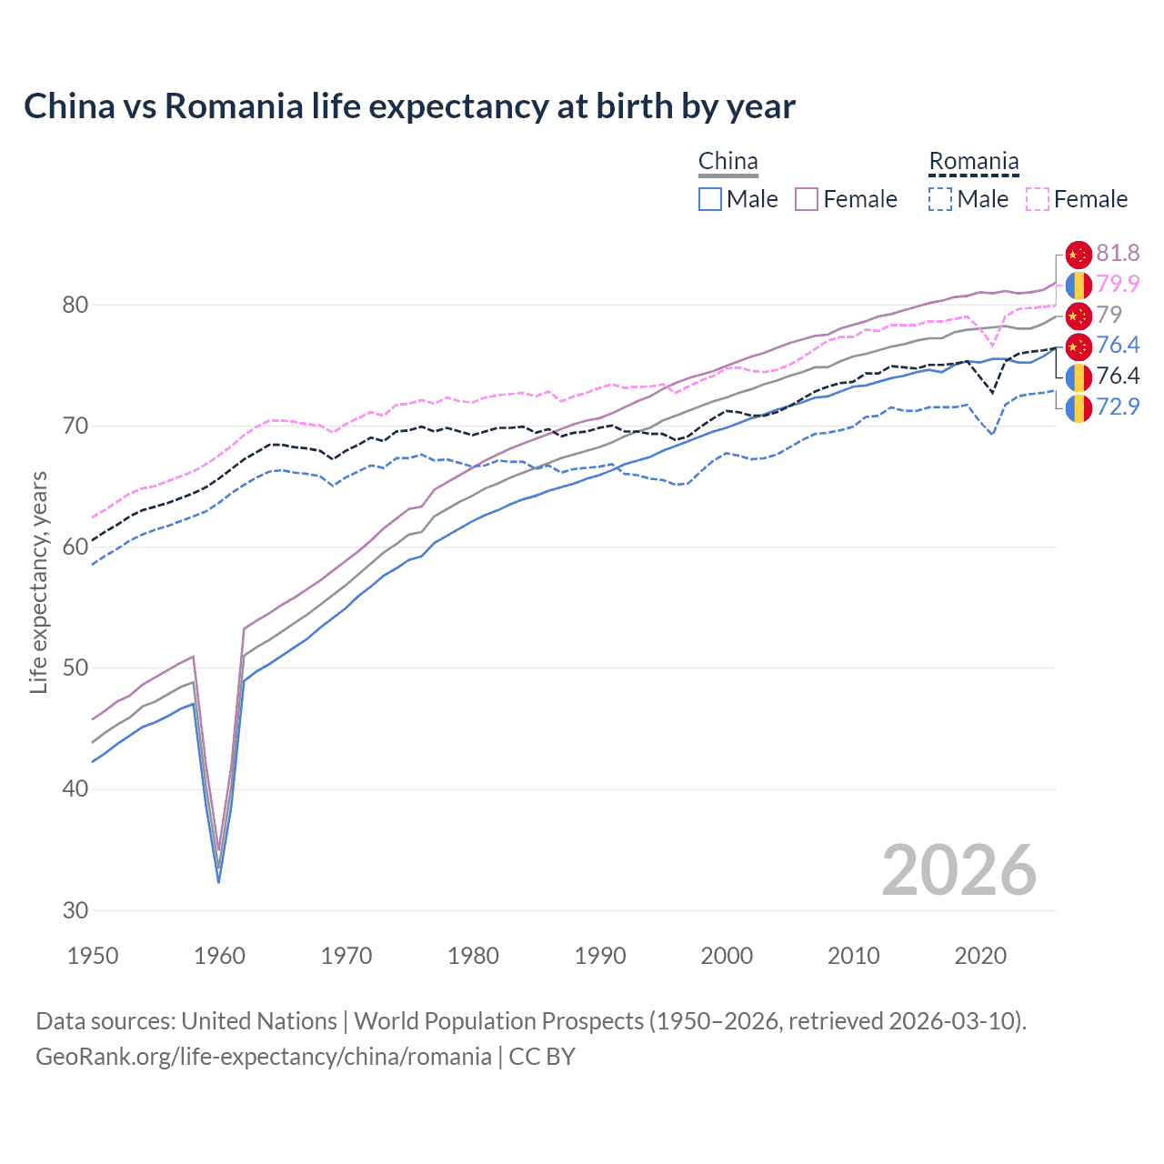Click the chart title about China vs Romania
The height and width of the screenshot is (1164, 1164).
pos(409,106)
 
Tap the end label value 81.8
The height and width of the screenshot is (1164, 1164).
pos(1118,254)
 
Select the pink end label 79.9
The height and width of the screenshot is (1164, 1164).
pos(1118,284)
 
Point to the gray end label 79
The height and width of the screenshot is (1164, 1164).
pos(1109,315)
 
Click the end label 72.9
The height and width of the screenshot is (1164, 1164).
pos(1118,406)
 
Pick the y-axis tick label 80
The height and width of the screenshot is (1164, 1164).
pos(75,305)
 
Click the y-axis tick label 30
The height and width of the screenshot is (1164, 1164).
pos(75,910)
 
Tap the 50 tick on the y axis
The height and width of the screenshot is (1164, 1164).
pos(75,668)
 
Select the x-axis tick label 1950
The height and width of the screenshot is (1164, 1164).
pos(93,956)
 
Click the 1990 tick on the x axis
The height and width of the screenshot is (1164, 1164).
pos(600,956)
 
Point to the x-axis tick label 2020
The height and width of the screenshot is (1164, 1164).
pos(980,956)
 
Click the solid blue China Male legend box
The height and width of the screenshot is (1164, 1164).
pos(710,199)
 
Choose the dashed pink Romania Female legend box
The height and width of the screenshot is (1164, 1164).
pos(1038,199)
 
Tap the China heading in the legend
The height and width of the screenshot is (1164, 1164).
pos(727,162)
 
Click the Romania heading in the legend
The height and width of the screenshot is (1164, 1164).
pos(973,162)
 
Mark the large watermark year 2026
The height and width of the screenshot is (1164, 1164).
pos(958,870)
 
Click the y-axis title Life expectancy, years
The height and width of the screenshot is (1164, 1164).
pos(38,582)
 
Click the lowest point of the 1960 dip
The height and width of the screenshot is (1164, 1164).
pos(218,880)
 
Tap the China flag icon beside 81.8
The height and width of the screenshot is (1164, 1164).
pos(1078,255)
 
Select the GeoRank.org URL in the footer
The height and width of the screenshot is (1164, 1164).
pos(264,1057)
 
